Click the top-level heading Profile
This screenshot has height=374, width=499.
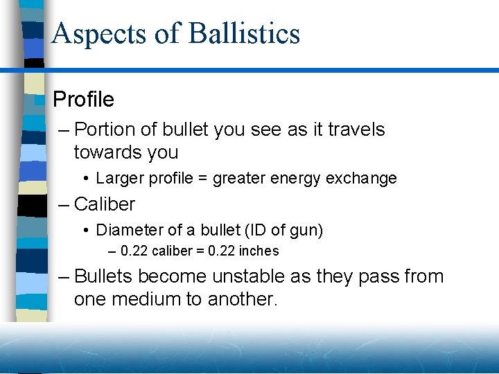83,100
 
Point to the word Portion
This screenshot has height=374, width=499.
105,130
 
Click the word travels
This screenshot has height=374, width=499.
356,130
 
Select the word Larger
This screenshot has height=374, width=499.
119,179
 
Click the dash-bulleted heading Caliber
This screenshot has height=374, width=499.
104,204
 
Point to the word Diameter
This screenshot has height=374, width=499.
127,230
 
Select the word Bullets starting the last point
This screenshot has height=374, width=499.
103,276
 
